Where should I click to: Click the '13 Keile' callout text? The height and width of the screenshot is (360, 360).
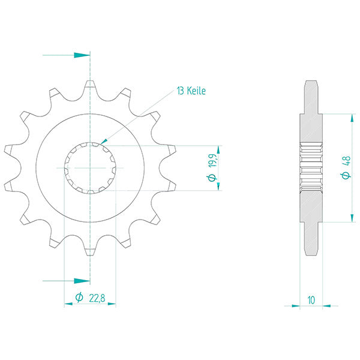tap(191, 91)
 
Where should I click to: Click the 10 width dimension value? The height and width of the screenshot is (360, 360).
tap(311, 298)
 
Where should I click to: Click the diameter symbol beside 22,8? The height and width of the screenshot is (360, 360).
tap(79, 297)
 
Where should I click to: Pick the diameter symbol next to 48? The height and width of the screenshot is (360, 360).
tap(346, 176)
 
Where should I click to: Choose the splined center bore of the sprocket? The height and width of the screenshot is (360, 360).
tap(89, 167)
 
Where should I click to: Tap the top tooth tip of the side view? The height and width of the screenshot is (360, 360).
tap(311, 83)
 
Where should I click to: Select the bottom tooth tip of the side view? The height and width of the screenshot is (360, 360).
tap(311, 253)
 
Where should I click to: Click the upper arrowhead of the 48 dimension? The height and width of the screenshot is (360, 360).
tap(350, 117)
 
